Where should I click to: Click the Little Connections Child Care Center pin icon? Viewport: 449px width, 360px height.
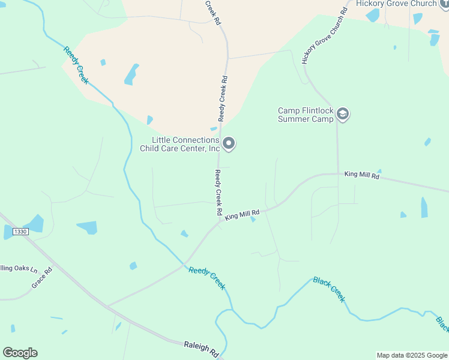229,143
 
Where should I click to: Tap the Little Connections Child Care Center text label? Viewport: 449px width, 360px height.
179,144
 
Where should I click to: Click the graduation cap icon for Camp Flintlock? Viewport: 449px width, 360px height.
343,114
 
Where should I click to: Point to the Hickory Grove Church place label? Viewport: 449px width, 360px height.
396,4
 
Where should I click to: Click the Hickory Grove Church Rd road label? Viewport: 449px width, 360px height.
325,36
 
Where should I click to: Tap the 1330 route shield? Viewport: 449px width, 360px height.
21,231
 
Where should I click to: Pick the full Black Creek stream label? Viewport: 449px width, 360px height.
330,289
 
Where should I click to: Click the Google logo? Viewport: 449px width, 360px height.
20,353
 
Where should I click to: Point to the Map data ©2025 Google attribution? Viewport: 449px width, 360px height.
412,355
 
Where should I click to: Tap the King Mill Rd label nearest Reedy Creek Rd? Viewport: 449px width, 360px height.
242,214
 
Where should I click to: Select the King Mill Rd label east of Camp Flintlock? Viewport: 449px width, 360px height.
362,175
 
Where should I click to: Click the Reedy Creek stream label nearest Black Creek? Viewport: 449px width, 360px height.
207,278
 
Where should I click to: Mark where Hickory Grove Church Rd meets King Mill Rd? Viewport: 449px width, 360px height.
337,174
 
